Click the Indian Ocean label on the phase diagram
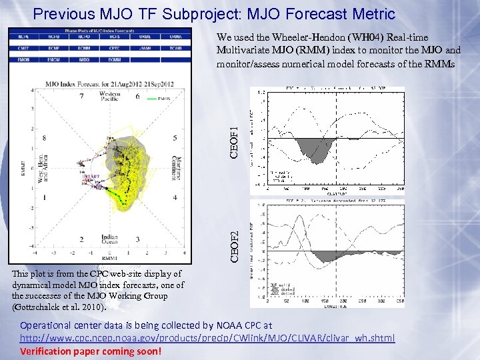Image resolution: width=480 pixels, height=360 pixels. (109, 239)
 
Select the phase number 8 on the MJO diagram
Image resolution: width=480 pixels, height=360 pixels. (44, 138)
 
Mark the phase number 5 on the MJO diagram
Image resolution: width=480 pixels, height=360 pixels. (175, 138)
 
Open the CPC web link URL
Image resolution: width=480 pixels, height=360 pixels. (207, 338)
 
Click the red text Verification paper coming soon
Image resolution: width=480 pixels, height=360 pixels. (90, 351)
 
